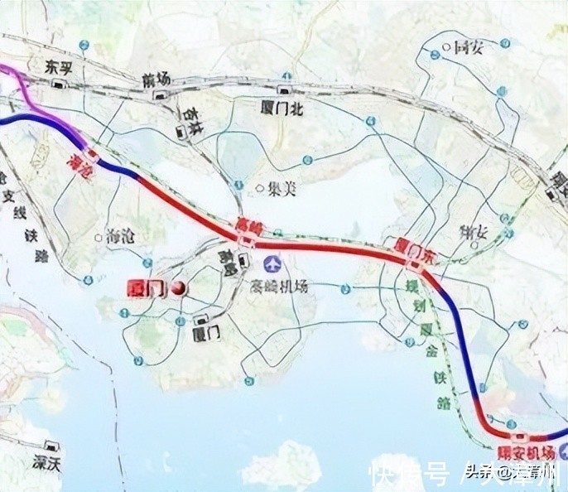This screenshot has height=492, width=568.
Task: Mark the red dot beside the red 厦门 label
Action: [x=176, y=288]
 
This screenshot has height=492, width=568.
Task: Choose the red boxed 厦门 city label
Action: [x=147, y=288]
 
